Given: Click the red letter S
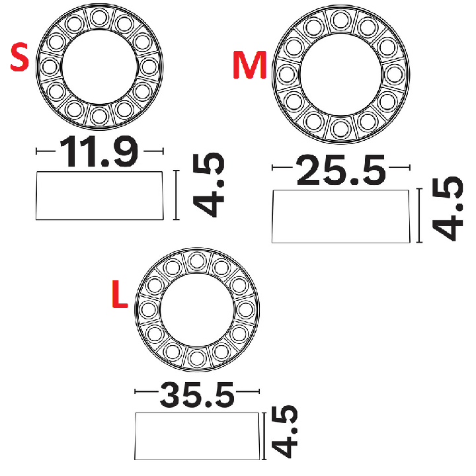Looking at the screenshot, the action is [19, 57].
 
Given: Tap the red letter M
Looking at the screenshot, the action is [249, 65].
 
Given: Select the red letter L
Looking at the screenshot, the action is [120, 294].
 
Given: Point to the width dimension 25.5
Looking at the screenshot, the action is [340, 170].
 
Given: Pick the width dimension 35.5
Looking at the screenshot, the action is [197, 395].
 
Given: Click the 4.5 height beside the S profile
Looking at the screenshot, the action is [208, 185].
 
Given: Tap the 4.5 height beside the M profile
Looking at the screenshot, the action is [448, 209].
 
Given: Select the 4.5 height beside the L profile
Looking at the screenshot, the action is [284, 432].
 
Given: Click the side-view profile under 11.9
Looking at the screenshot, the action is [100, 196].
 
